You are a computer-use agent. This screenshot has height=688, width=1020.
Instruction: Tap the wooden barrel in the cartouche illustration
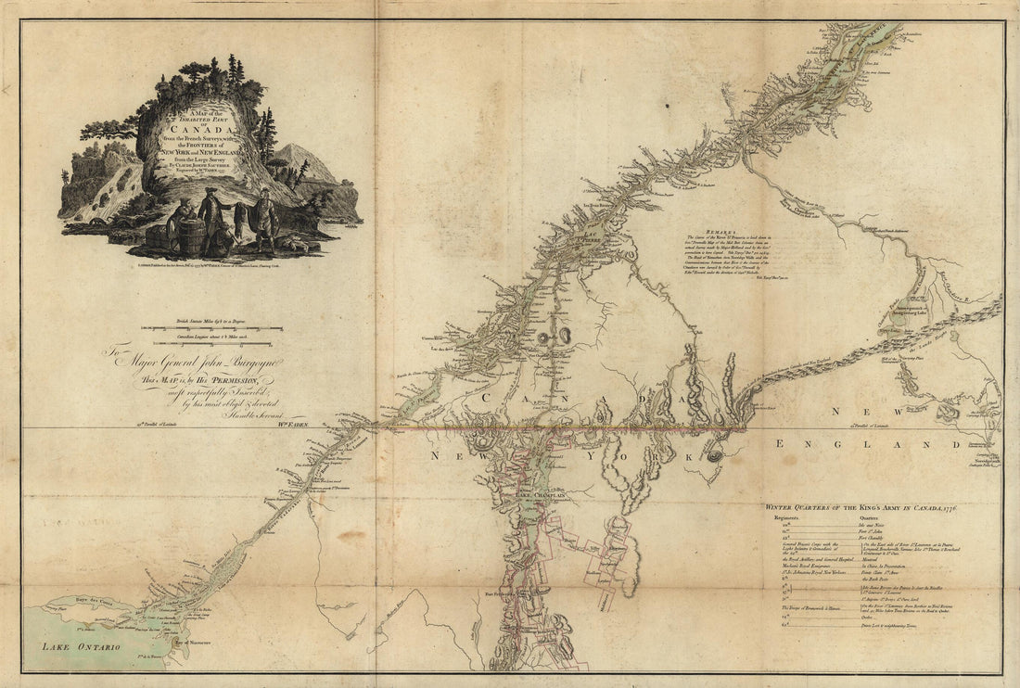pos(191,236)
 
